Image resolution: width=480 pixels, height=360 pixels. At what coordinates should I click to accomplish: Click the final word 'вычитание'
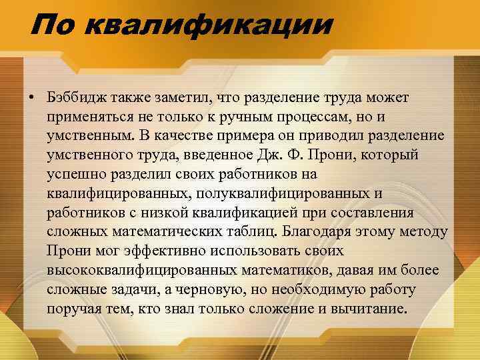[377, 309]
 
